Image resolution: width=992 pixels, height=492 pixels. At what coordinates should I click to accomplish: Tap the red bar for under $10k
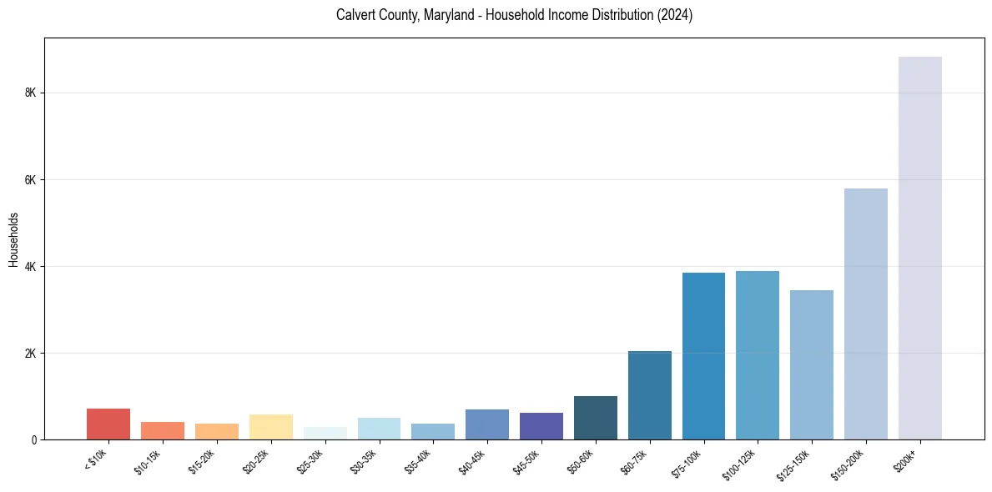(108, 424)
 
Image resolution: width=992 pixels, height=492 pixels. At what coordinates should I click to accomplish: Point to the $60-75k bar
(649, 395)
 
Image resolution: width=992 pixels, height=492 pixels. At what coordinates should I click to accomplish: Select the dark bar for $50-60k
(595, 418)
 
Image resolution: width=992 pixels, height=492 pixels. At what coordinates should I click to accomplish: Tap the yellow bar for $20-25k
(270, 427)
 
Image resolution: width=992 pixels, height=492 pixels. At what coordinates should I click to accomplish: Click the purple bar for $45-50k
(541, 426)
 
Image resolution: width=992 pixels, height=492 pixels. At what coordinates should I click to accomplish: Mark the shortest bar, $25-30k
(325, 434)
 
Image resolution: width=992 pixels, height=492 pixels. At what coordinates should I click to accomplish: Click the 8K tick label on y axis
(30, 93)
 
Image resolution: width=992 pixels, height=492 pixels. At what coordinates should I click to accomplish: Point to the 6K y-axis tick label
(30, 180)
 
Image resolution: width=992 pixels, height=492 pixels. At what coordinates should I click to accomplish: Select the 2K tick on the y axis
(30, 354)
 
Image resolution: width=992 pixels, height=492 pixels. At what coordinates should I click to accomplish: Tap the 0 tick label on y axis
(33, 440)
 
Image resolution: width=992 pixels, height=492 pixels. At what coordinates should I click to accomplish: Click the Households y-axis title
(13, 239)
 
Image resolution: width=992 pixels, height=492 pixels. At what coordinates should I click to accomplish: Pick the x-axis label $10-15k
(147, 460)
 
